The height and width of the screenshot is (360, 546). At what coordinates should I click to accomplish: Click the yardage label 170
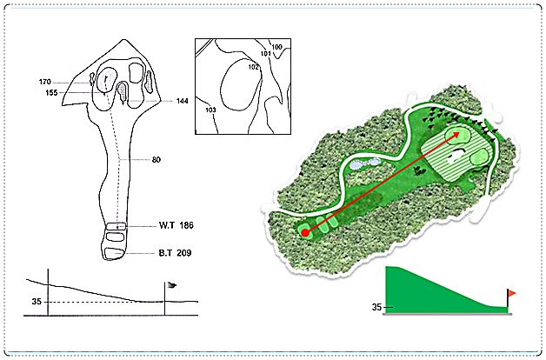45,82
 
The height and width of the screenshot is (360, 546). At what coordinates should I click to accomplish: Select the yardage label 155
51,93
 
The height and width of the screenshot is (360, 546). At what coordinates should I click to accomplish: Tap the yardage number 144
182,101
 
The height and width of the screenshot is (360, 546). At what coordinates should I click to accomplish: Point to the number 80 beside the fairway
156,160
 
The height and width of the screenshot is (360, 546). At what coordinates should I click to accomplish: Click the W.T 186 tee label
176,225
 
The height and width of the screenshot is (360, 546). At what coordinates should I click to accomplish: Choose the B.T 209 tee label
175,253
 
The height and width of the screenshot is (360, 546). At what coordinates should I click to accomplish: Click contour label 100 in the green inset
276,47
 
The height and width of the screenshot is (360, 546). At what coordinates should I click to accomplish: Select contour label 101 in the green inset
266,54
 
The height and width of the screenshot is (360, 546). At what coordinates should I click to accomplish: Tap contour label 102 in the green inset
254,67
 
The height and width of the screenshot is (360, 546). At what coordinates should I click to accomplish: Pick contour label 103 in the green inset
210,110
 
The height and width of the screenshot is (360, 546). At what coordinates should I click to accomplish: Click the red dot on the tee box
305,233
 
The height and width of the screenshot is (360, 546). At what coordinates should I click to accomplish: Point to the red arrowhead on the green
455,136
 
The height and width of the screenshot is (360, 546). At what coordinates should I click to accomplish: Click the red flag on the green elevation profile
511,294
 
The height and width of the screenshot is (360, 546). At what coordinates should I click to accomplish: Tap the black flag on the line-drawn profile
171,285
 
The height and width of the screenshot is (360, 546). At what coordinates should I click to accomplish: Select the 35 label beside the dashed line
37,302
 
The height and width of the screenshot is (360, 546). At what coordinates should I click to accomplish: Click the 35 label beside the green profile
376,307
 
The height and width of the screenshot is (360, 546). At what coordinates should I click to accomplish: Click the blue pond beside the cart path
366,163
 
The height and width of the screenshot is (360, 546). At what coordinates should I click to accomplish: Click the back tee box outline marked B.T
115,253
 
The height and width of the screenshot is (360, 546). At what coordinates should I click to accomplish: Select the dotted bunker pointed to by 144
122,91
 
